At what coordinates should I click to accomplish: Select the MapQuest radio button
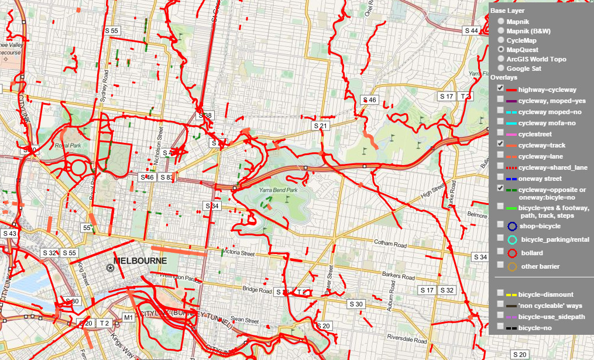tap(501, 50)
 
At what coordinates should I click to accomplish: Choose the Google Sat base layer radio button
tap(501, 68)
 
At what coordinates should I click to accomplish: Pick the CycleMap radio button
tap(501, 40)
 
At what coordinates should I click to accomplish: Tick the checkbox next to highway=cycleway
tap(500, 88)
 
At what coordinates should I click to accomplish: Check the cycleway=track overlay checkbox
tap(500, 143)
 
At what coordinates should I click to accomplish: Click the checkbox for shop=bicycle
tap(500, 224)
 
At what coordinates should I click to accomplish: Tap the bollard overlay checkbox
tap(500, 251)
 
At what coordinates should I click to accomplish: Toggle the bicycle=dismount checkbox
tap(500, 293)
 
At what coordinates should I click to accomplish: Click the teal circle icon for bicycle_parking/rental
tap(512, 239)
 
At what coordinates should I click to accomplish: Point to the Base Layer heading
tap(507, 11)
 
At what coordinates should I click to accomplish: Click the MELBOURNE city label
tap(140, 260)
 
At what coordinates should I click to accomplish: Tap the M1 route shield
tap(128, 318)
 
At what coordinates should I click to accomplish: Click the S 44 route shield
tap(472, 30)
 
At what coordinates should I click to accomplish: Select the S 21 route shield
tap(321, 126)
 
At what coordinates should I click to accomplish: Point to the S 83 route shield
tap(167, 177)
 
